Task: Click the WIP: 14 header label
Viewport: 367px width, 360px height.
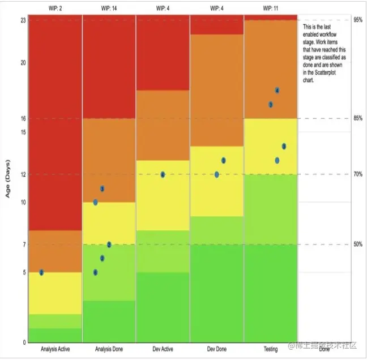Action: tap(109, 9)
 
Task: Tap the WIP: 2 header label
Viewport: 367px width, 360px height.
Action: tap(56, 9)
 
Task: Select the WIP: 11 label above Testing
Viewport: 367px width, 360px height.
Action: tap(271, 9)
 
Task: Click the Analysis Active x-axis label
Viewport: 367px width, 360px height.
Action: tap(56, 349)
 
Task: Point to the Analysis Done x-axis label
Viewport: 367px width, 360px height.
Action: tap(109, 349)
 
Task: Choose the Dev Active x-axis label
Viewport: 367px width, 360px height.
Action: tap(163, 349)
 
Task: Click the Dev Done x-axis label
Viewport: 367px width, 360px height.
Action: tap(216, 349)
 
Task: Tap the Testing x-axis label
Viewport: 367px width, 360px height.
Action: tap(271, 349)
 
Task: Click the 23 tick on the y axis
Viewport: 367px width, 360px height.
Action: tap(23, 20)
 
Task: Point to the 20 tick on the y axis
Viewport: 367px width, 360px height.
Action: tap(23, 62)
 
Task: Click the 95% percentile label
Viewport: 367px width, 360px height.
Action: tap(358, 20)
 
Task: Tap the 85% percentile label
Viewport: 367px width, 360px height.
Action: tap(358, 118)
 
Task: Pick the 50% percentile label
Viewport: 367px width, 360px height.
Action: tap(358, 245)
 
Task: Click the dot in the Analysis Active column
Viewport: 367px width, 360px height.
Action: tap(41, 272)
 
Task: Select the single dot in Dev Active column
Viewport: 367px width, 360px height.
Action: tap(163, 174)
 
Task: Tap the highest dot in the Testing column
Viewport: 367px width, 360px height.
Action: tap(277, 91)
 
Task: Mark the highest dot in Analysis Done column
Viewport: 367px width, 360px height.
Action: tap(102, 188)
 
